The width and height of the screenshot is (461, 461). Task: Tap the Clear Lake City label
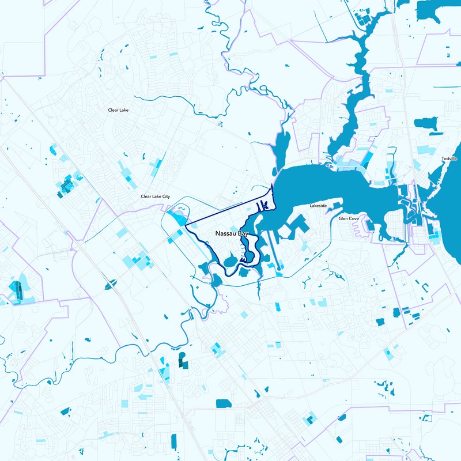[155, 197]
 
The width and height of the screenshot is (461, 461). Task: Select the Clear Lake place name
[118, 109]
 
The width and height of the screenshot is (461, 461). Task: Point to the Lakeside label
[318, 206]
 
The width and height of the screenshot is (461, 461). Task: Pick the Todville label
[449, 158]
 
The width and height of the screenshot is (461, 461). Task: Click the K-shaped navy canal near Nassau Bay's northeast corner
[264, 205]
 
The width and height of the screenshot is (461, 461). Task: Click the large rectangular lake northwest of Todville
[426, 124]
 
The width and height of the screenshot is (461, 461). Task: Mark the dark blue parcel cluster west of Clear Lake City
[66, 186]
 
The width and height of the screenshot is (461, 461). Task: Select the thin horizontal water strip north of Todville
[447, 88]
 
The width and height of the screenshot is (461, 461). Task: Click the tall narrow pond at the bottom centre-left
[173, 441]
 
